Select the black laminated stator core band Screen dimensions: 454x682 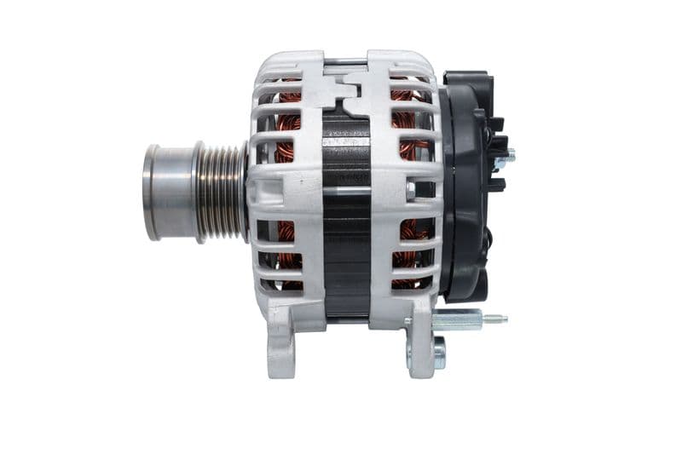[x=346, y=213]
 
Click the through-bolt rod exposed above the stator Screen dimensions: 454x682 [x=346, y=61]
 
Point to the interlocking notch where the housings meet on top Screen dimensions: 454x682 [x=346, y=85]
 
